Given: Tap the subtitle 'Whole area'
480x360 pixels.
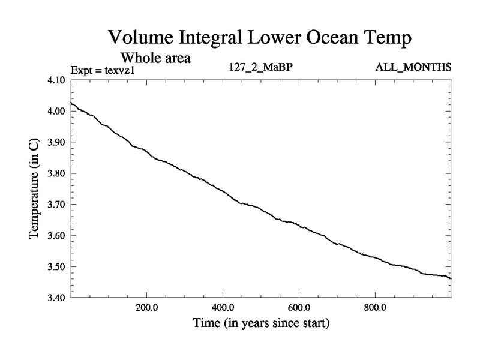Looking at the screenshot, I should pos(156,58).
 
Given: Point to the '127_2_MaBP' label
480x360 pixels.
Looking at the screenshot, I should pos(260,67).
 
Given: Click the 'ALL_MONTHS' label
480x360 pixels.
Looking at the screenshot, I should pos(413,67).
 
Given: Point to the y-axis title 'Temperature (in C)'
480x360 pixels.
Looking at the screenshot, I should pos(35,189).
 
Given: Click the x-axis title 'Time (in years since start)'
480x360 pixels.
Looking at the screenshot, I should pos(261,324).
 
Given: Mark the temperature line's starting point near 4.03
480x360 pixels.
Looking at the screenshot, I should pos(71,103).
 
